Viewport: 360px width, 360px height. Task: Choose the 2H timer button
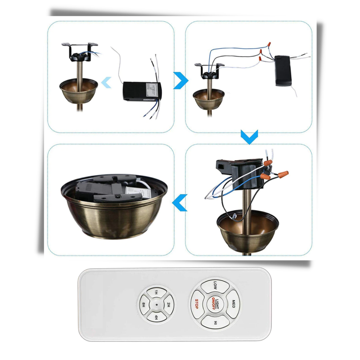coord(168,305)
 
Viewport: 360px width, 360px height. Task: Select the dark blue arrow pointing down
coord(249,137)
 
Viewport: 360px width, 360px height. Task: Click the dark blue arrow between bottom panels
coord(180,203)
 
